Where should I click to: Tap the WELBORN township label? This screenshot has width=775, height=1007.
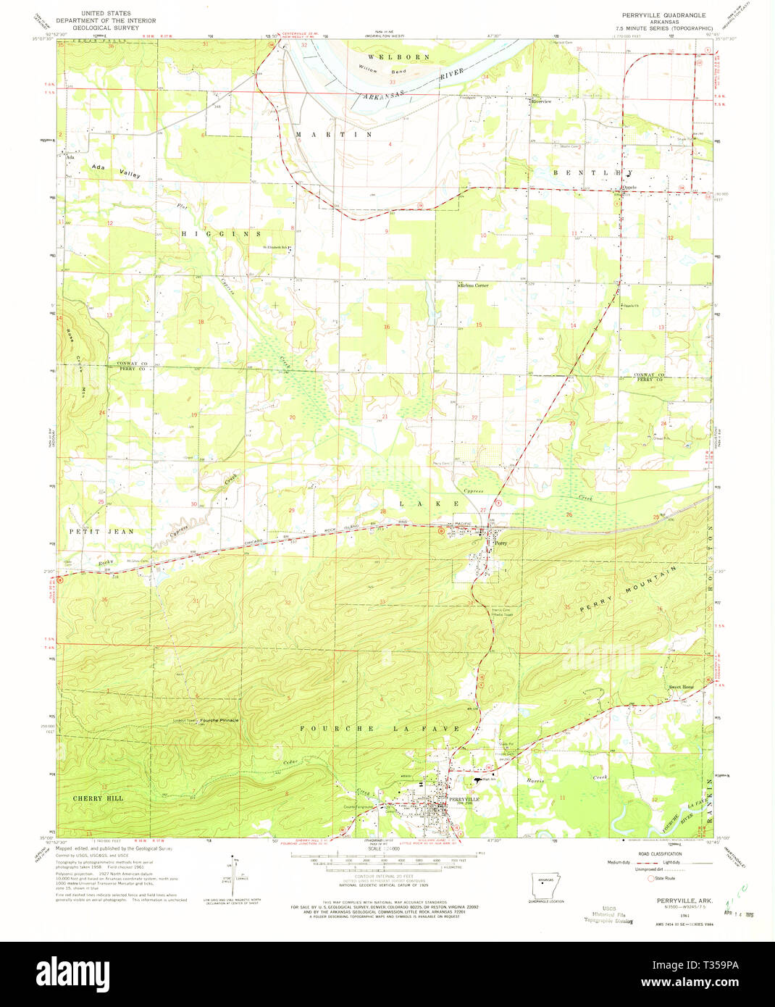click(x=398, y=57)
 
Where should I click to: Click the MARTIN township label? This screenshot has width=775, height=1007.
click(x=334, y=135)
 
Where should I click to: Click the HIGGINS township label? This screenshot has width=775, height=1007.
click(x=222, y=234)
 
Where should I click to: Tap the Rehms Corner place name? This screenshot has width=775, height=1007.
click(x=475, y=285)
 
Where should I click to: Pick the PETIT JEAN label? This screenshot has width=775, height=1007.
click(x=101, y=531)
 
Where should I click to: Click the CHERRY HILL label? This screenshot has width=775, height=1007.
click(x=98, y=798)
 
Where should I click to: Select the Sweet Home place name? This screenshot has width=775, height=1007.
click(x=681, y=687)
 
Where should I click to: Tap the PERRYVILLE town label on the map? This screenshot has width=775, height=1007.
click(x=464, y=799)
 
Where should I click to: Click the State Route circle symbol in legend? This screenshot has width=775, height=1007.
click(x=650, y=878)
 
